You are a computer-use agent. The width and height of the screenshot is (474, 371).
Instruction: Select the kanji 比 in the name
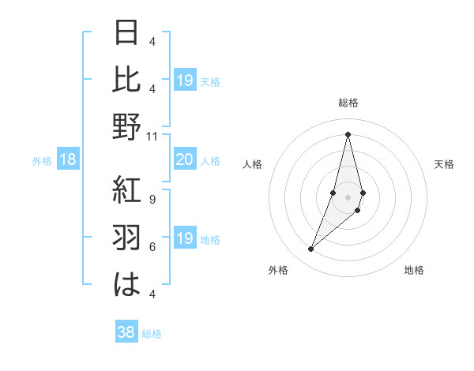127,81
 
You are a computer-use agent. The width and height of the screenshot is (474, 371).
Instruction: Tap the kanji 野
127,127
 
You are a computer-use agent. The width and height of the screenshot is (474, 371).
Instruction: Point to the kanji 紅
127,190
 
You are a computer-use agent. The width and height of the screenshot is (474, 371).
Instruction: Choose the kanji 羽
127,237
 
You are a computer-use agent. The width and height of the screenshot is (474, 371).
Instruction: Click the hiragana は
127,283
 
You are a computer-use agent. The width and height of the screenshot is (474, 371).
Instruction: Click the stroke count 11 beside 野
152,136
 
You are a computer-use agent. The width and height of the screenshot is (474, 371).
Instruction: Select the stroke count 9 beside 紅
152,199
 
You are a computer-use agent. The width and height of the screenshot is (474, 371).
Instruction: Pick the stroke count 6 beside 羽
152,246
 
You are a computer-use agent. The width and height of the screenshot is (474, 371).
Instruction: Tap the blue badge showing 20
184,160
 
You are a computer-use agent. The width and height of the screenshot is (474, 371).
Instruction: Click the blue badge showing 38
126,333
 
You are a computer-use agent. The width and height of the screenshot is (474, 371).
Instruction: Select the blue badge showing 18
68,160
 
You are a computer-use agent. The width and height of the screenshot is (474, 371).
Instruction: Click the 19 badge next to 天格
184,81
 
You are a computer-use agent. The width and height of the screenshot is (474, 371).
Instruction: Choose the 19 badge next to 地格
184,238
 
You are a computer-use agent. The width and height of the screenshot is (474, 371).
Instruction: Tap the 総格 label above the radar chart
348,103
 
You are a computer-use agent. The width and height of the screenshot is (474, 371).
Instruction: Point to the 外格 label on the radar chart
278,270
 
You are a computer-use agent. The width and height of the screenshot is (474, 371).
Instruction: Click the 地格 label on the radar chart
414,270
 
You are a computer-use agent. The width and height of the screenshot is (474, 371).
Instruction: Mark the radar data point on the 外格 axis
310,249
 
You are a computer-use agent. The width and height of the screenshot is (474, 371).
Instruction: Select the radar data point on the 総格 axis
348,134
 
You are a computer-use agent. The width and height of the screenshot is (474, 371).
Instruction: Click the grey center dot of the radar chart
348,197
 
